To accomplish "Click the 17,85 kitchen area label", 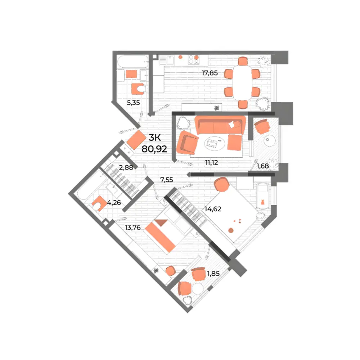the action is click(210, 73).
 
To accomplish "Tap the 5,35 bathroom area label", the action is click(134, 103).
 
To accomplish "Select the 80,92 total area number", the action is click(154, 149).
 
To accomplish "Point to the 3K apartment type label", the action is click(154, 138).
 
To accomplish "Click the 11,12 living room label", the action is click(211, 163).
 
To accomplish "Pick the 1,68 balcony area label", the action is click(263, 166).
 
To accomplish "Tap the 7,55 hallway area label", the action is click(167, 180).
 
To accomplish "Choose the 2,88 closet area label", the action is click(126, 167).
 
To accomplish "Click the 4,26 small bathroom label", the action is click(114, 203).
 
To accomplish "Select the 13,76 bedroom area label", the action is click(133, 228).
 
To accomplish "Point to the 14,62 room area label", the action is click(213, 209).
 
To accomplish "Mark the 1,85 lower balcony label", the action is click(213, 274).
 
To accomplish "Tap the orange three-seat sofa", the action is click(220, 125).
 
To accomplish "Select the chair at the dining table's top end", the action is click(243, 61).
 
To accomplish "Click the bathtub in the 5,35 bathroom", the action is click(133, 62).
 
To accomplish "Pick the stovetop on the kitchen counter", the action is click(194, 60).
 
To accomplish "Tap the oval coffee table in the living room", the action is click(215, 144).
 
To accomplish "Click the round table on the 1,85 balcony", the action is click(198, 289).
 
